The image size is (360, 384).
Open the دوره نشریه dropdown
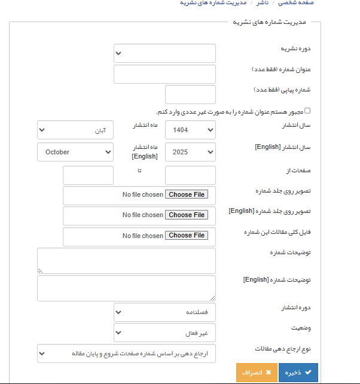point(164,53)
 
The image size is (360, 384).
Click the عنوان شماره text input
point(164,74)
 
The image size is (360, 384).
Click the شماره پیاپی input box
point(190,95)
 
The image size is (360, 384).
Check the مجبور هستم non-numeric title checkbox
point(308,111)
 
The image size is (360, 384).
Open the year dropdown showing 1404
point(190,130)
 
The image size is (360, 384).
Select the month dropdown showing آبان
point(75,130)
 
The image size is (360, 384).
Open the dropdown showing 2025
point(190,152)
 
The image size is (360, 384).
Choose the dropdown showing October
point(75,152)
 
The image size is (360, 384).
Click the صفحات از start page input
point(190,175)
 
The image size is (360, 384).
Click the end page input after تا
point(88,175)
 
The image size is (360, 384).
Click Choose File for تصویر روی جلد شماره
point(187,194)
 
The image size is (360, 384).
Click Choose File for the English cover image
point(187,215)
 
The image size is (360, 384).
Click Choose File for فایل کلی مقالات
point(187,236)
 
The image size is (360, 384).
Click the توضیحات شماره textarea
point(126,261)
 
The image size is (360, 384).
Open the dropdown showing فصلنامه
point(164,312)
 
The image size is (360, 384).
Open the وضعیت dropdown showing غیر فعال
point(164,332)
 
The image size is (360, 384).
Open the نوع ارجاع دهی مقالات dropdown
point(126,353)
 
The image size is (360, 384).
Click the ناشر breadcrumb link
point(263,2)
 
